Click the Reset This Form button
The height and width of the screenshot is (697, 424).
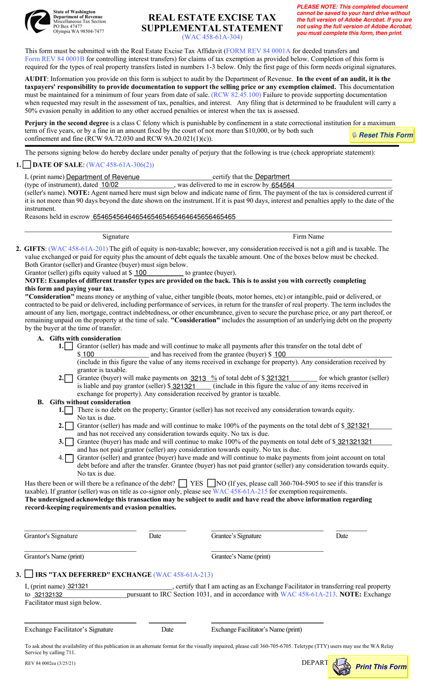click(x=382, y=135)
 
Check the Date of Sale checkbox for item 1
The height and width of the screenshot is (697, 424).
click(x=27, y=165)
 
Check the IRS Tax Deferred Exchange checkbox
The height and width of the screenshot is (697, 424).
click(x=29, y=574)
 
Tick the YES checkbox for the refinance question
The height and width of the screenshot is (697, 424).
click(x=183, y=483)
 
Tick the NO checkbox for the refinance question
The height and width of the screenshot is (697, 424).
click(x=212, y=483)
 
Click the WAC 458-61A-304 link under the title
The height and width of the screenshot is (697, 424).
click(x=212, y=37)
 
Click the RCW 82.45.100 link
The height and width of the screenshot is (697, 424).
click(x=236, y=95)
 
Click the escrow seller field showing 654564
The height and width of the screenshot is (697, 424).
click(x=330, y=185)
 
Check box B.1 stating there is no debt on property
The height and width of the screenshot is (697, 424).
click(x=69, y=410)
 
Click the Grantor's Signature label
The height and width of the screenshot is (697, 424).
click(x=51, y=536)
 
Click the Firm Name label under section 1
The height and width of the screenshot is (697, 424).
click(x=308, y=237)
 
